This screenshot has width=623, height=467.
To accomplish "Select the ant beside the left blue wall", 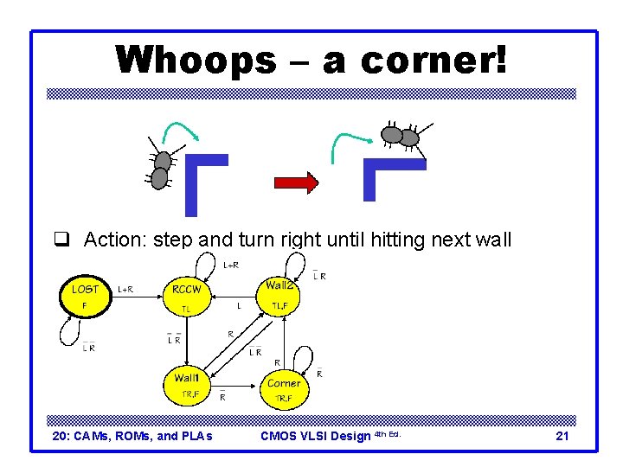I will point(161,169).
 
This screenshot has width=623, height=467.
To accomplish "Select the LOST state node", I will point(85,296).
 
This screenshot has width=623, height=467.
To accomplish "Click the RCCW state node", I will point(186,297).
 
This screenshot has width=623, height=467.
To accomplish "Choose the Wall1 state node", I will point(188,385).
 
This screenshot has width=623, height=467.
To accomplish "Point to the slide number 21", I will point(562,436).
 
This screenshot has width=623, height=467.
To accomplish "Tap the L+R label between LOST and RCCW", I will point(125,290).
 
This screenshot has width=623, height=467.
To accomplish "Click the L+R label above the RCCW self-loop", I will point(232,265).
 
